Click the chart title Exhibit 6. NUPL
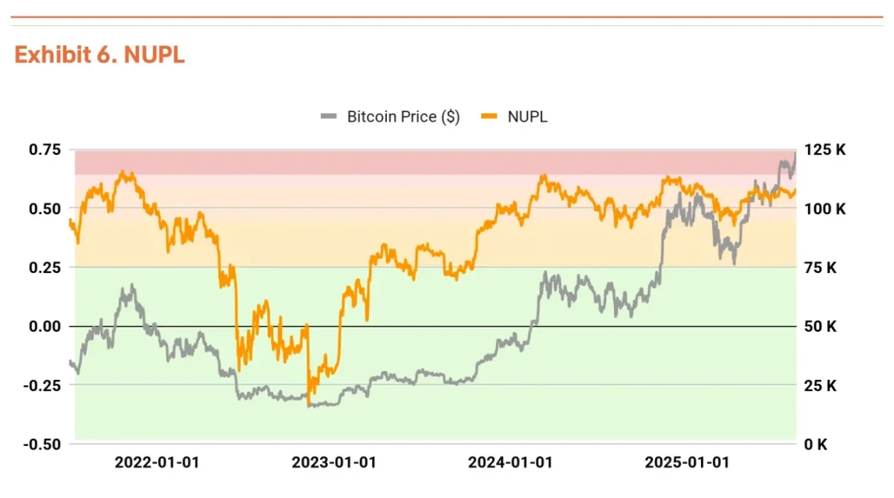[99, 55]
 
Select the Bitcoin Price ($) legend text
[403, 117]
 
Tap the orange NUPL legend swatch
[489, 117]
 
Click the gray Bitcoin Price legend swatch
[329, 117]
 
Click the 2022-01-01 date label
[157, 462]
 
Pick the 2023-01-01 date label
[333, 462]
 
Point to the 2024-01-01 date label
[510, 462]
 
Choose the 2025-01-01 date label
[687, 462]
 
